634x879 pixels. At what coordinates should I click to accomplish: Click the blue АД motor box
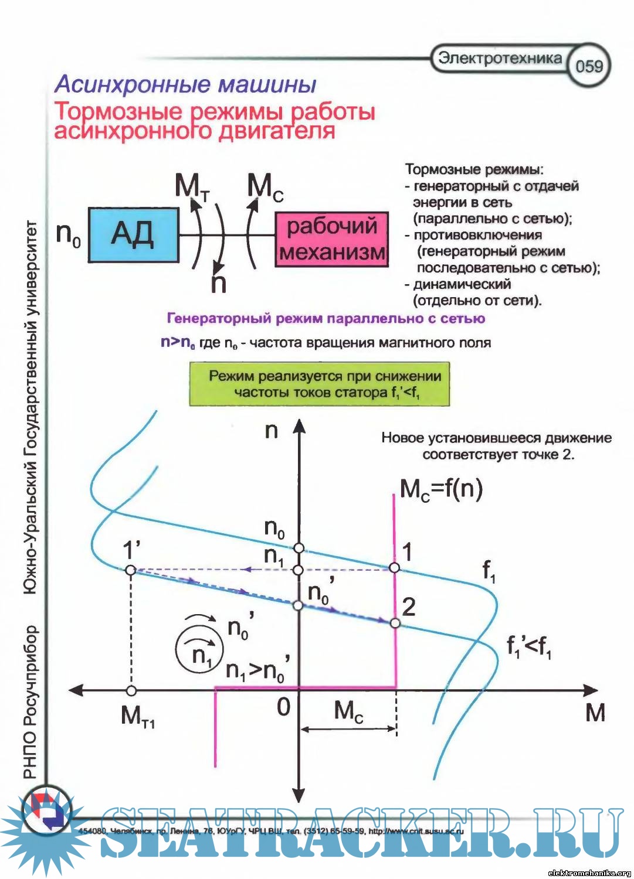(x=133, y=234)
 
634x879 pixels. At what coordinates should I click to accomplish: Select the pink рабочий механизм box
(x=332, y=239)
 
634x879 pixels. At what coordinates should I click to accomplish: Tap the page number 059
(x=589, y=65)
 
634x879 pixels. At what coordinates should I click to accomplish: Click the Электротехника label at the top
(x=500, y=58)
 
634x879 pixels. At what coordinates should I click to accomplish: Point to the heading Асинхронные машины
(x=186, y=85)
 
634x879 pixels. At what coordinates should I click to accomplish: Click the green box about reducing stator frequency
(x=319, y=384)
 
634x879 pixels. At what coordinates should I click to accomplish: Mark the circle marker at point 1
(x=395, y=567)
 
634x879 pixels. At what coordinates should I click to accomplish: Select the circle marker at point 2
(x=395, y=623)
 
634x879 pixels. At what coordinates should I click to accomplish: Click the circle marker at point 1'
(x=131, y=570)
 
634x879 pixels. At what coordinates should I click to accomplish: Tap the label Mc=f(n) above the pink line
(x=441, y=489)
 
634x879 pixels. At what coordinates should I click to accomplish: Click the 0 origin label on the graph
(x=284, y=707)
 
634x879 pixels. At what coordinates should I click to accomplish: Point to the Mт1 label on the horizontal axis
(x=138, y=716)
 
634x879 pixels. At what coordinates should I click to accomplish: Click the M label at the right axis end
(x=595, y=713)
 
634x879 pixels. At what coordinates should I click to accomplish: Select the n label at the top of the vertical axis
(x=271, y=431)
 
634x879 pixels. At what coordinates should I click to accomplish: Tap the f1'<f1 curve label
(x=528, y=647)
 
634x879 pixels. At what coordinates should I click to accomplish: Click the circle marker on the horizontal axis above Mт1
(x=131, y=691)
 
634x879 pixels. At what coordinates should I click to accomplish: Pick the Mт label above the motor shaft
(x=192, y=187)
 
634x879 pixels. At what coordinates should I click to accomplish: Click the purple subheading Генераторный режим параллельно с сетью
(x=326, y=319)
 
